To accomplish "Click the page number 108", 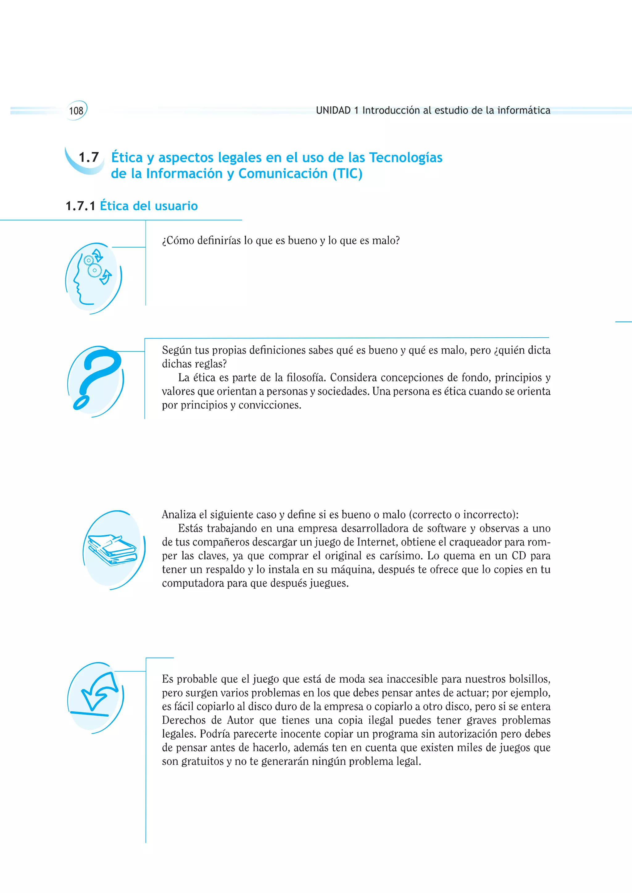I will tap(76, 111).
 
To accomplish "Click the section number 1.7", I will tap(89, 158).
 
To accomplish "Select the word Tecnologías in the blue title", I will tap(405, 158).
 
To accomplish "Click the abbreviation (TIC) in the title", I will tap(347, 174).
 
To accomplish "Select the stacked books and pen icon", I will tap(113, 549).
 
